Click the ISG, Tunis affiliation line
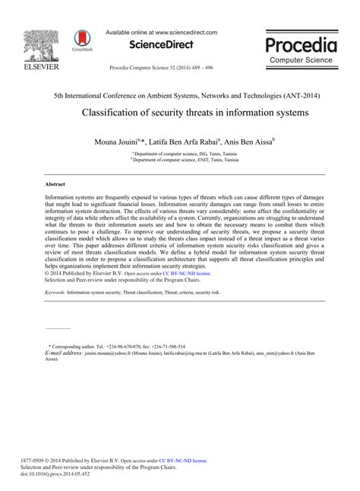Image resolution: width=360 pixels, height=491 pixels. [x=180, y=154]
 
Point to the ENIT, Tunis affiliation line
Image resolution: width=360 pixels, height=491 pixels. [x=180, y=160]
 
